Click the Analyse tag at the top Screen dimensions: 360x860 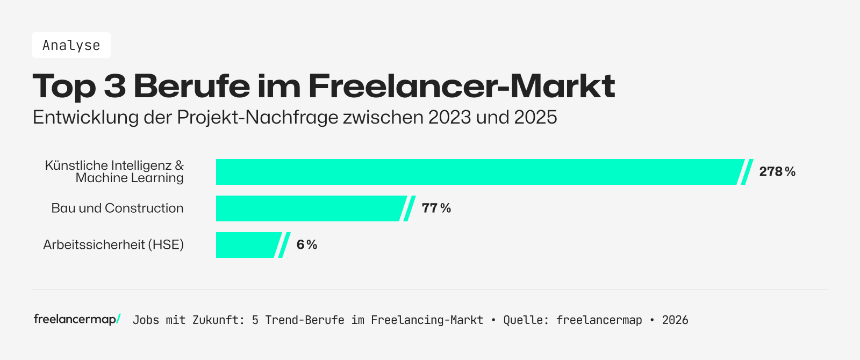click(x=71, y=45)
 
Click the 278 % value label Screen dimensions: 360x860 click(x=777, y=172)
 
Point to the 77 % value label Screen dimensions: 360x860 click(x=436, y=208)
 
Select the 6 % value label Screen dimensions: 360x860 click(x=306, y=245)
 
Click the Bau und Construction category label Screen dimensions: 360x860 click(x=117, y=208)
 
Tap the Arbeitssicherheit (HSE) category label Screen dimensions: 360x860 click(x=113, y=245)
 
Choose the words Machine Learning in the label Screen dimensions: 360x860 click(x=130, y=178)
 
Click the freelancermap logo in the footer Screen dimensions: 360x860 click(x=77, y=319)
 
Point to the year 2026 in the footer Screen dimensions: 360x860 click(x=675, y=320)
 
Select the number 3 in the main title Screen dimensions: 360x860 click(x=114, y=86)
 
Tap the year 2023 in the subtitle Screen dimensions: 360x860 click(x=450, y=117)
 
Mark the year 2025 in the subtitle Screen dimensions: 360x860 click(x=535, y=117)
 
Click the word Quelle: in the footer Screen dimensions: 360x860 click(x=526, y=320)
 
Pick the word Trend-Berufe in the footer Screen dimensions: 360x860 click(x=305, y=320)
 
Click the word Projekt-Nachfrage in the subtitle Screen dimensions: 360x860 click(x=258, y=117)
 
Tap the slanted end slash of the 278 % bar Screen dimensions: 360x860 click(x=747, y=172)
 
